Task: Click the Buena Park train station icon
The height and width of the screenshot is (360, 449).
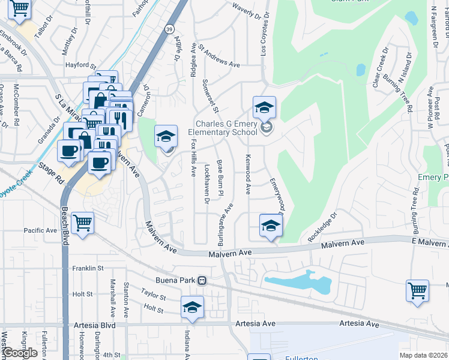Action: click(x=202, y=280)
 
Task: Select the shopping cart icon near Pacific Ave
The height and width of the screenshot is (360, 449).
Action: click(x=83, y=223)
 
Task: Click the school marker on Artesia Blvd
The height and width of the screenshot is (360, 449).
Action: click(x=192, y=307)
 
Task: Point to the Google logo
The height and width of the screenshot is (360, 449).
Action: click(x=20, y=353)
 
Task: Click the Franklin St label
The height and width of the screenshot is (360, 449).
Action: click(x=88, y=268)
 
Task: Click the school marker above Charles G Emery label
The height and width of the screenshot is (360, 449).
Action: click(x=264, y=107)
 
